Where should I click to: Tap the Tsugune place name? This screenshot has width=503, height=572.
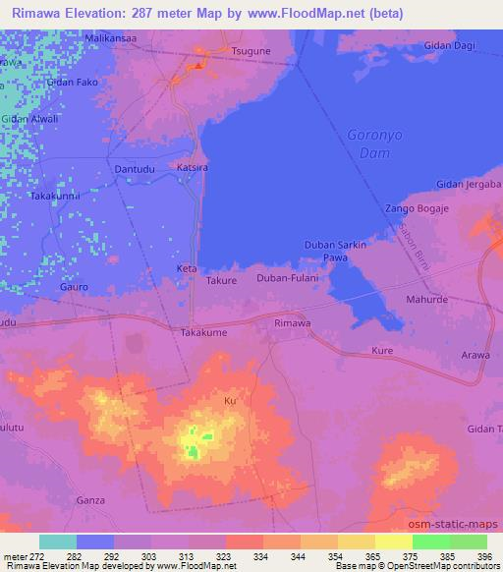click(251, 48)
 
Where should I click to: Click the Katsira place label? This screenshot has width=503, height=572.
click(193, 167)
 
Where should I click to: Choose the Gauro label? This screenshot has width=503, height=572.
click(74, 287)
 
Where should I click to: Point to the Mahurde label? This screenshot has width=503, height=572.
click(426, 299)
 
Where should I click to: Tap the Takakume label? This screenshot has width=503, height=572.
click(204, 333)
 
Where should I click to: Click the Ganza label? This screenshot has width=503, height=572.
click(91, 500)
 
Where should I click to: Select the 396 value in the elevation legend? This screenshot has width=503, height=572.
click(484, 556)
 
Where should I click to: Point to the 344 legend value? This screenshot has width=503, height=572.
click(266, 556)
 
